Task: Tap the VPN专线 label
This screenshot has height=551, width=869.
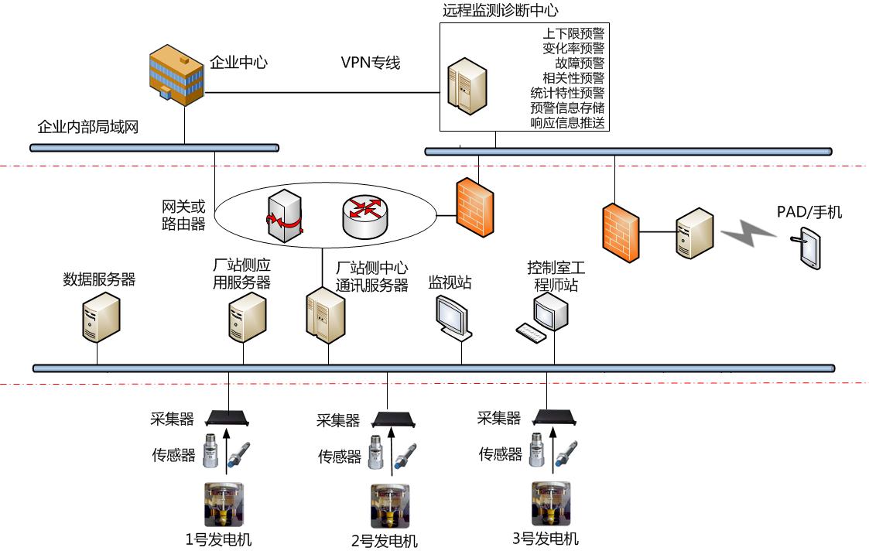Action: click(x=371, y=63)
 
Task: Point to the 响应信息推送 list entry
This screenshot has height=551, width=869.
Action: click(x=567, y=122)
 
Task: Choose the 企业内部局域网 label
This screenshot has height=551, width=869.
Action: click(x=88, y=127)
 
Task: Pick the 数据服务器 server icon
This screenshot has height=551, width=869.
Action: click(x=101, y=319)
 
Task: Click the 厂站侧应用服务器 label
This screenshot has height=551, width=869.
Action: click(x=241, y=275)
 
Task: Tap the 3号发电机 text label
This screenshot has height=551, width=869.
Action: click(x=546, y=539)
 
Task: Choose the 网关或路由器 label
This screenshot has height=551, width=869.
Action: click(x=183, y=215)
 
